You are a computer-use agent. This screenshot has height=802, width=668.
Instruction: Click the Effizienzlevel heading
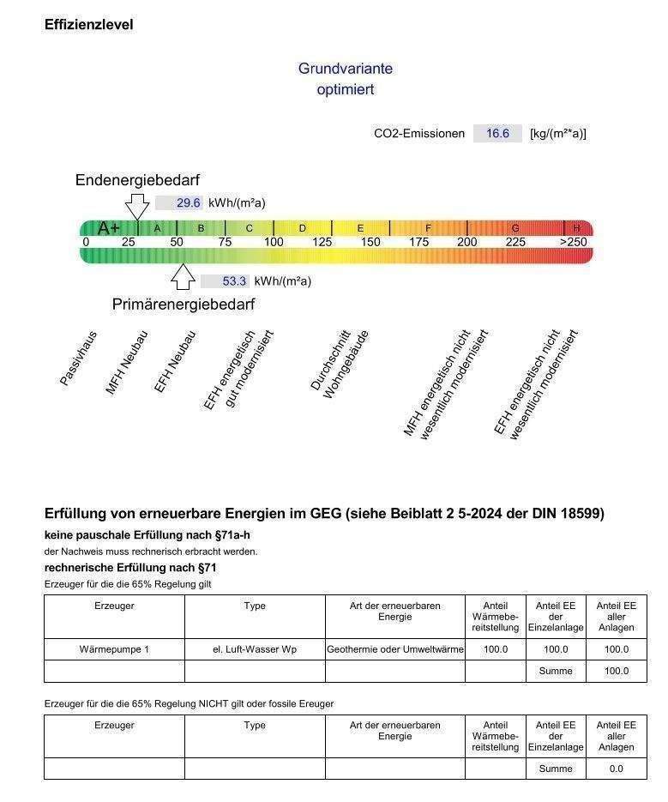(x=88, y=25)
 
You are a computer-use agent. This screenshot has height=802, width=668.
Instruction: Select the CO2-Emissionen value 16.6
(x=497, y=133)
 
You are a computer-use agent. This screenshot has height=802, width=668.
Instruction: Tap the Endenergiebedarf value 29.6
(x=189, y=203)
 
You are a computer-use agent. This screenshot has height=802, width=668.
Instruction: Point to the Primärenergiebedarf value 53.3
(x=234, y=280)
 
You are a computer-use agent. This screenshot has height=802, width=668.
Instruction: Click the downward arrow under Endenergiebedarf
(x=136, y=207)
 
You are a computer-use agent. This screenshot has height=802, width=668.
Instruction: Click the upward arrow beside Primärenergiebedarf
(x=183, y=276)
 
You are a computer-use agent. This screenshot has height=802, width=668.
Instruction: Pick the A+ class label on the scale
(x=109, y=228)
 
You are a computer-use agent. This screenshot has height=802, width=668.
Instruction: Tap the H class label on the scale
(x=576, y=228)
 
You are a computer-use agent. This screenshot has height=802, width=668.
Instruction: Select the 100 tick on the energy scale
(x=274, y=243)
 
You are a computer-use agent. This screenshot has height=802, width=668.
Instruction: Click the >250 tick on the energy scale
(x=574, y=243)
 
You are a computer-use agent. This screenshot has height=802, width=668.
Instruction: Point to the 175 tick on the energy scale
(x=418, y=243)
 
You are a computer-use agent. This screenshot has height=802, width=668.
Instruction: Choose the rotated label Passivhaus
(x=78, y=358)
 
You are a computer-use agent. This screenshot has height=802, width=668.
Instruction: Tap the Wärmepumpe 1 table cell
(x=114, y=649)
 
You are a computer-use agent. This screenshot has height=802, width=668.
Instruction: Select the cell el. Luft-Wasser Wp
(x=255, y=649)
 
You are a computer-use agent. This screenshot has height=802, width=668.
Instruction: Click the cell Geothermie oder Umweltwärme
(x=395, y=649)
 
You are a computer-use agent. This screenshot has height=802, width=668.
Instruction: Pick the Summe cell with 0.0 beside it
(x=556, y=769)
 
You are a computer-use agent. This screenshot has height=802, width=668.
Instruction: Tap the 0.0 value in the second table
(x=617, y=769)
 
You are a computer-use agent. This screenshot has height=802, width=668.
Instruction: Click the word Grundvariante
(x=346, y=69)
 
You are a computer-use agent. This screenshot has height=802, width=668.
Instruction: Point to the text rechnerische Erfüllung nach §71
(x=130, y=568)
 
